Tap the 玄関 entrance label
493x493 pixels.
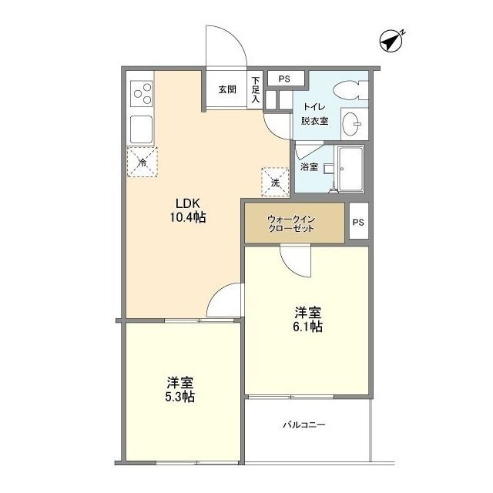226,89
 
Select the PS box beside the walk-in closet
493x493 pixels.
358,223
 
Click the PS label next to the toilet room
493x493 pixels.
284,79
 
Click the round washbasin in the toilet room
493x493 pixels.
354,122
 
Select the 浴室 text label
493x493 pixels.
308,166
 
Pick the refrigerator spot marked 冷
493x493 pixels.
143,162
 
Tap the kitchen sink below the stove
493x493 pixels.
141,128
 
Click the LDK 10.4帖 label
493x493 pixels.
189,210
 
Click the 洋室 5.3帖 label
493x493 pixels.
179,390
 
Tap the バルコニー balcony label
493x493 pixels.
304,424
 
